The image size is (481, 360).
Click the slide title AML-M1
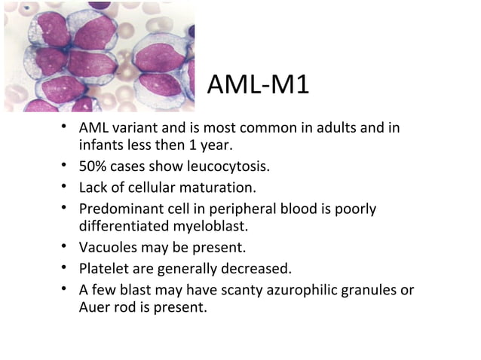coord(257,86)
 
